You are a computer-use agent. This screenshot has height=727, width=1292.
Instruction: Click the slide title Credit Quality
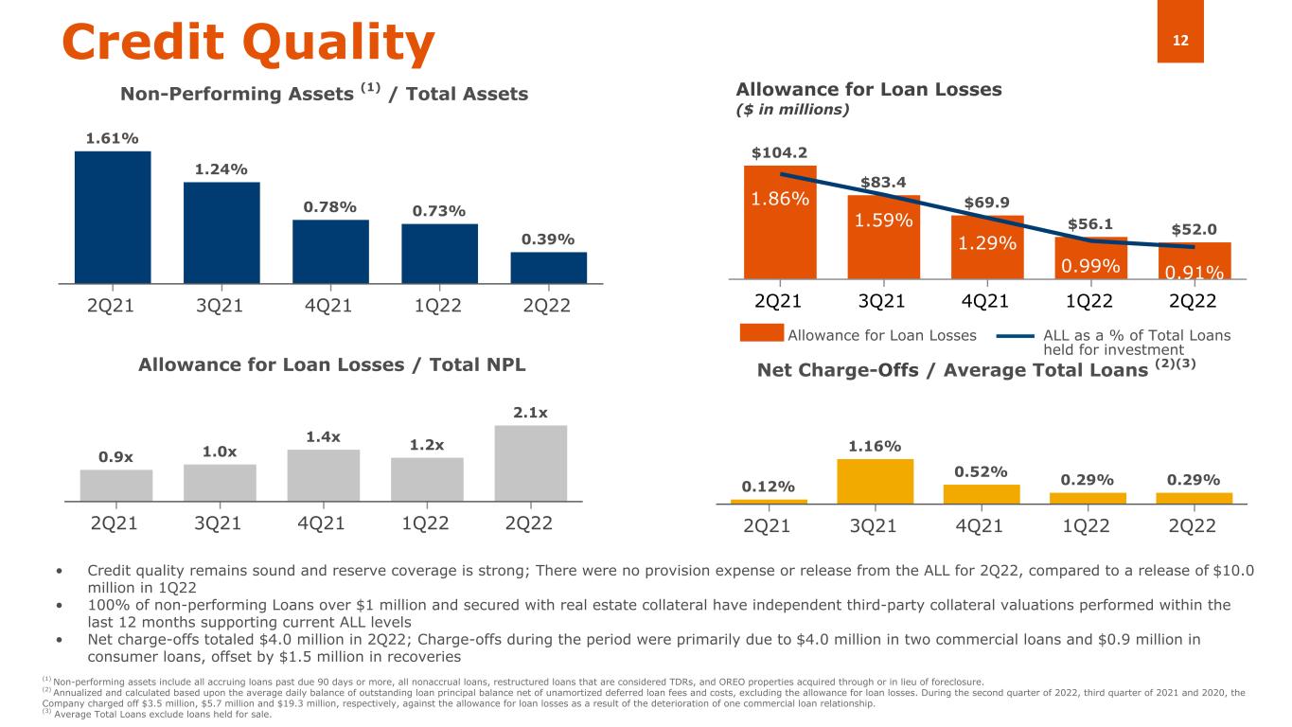coord(248,43)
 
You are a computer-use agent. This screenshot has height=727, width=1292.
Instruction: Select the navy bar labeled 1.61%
coord(113,217)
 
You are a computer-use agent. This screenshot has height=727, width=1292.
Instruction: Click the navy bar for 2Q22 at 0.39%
coord(548,267)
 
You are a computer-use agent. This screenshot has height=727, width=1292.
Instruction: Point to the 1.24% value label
coord(221,169)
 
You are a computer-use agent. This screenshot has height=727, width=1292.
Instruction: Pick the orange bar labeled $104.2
coord(780,222)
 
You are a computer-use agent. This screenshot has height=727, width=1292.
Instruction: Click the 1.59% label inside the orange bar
coord(883,221)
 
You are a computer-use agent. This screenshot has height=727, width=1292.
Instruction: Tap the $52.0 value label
coord(1195,230)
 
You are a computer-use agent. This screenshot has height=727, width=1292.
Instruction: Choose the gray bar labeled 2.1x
coord(531,463)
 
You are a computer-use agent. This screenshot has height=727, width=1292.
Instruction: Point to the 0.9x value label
coord(116,457)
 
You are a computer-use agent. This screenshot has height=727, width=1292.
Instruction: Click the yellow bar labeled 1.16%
coord(876,481)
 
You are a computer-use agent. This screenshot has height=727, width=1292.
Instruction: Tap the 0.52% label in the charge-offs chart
coord(981,471)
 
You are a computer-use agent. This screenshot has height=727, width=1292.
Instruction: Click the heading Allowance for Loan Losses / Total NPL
coord(331,364)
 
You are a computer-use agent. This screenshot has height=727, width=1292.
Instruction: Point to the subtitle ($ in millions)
coord(793,110)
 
